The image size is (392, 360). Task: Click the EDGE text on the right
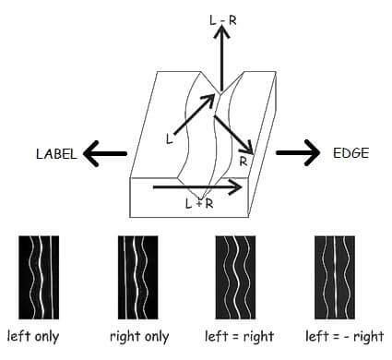pos(350,152)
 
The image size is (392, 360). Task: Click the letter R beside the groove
pos(243,160)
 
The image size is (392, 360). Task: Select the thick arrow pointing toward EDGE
pos(297,152)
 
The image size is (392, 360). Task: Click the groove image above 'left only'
pos(39,276)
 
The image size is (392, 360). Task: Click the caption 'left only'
pos(33,336)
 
